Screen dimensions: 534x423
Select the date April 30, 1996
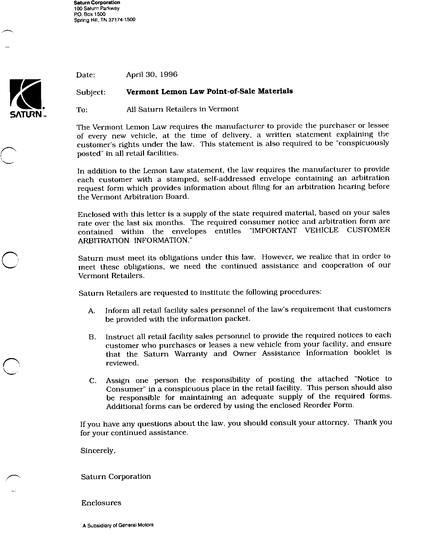point(152,74)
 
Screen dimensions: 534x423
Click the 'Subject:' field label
point(90,92)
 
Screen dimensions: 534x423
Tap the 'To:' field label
point(82,110)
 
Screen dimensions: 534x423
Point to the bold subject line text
point(209,91)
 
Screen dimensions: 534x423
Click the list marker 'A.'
point(92,311)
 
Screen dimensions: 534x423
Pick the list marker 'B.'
point(92,337)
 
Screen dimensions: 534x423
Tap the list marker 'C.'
point(93,381)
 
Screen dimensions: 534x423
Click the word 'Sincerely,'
point(98,451)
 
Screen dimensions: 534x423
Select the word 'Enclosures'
point(101,503)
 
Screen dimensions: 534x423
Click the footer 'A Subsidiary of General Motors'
point(118,525)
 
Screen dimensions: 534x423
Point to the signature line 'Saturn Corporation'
point(116,477)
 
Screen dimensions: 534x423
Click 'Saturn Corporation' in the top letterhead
point(97,3)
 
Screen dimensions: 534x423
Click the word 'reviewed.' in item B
point(122,363)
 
